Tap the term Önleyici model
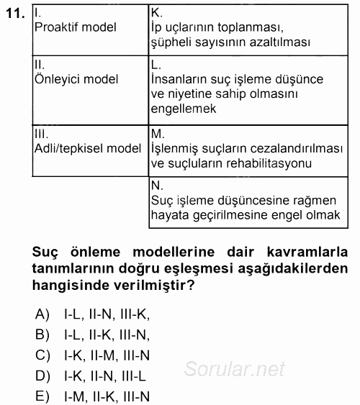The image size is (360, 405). [76, 79]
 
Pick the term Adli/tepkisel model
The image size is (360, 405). [88, 149]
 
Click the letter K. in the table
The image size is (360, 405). [156, 12]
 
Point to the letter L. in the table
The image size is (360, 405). [156, 64]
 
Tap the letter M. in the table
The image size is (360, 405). [157, 134]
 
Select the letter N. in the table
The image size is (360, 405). [156, 185]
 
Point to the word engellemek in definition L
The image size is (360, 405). [183, 109]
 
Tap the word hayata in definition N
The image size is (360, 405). [171, 214]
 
